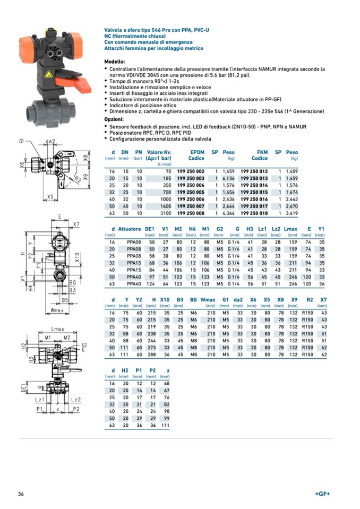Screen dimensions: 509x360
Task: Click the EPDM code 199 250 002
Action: (x=190, y=171)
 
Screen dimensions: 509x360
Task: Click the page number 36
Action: (x=21, y=494)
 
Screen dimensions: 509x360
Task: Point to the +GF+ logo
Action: (x=322, y=494)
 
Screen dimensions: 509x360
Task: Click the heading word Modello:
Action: (x=115, y=62)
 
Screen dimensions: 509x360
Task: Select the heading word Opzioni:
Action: (x=114, y=119)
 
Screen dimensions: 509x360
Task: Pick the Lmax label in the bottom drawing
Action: (x=57, y=330)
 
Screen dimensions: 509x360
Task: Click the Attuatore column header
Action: (x=129, y=229)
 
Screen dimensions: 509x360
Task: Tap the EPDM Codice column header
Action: (x=196, y=155)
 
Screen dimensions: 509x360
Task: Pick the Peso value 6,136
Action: (x=228, y=178)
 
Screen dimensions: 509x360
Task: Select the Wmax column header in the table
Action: (x=208, y=300)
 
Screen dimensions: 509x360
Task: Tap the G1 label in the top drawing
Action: (x=22, y=142)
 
